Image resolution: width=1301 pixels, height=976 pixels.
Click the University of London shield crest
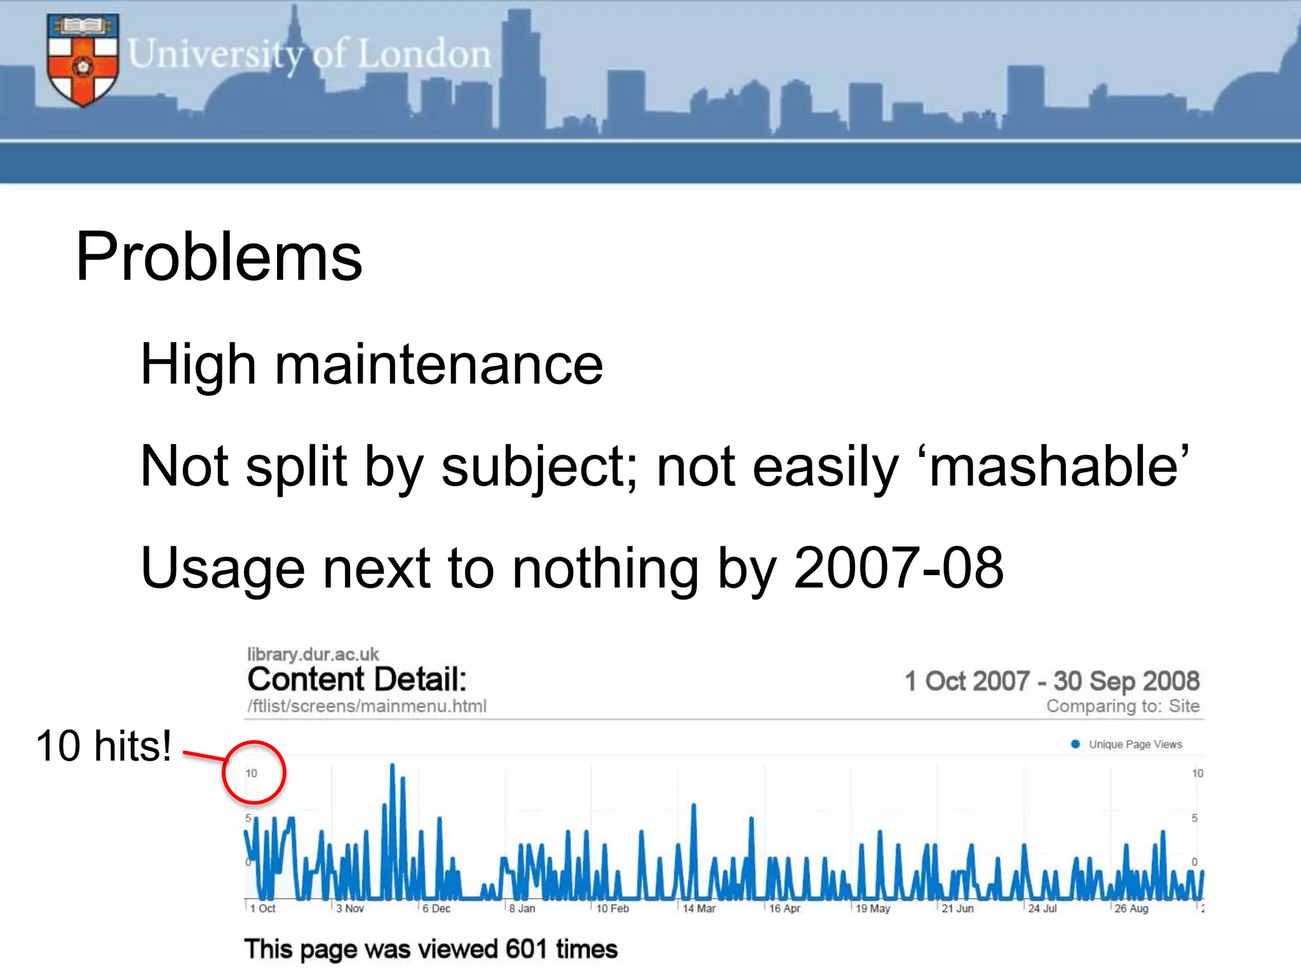83,60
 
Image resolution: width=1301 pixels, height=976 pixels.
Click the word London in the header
424,53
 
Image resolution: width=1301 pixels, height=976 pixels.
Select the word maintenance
438,364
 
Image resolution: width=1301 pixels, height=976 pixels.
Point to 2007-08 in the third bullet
898,567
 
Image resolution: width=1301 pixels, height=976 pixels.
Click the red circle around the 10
253,773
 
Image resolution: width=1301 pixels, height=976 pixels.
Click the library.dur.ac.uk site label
313,654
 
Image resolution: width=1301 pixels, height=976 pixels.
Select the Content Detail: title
357,679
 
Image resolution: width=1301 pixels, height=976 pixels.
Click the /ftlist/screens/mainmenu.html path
367,706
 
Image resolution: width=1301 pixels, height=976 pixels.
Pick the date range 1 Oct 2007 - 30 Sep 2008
1051,681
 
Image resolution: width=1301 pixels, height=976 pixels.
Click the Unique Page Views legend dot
1075,744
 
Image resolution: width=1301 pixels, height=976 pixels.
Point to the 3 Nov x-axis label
350,909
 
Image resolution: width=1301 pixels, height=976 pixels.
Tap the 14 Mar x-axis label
699,909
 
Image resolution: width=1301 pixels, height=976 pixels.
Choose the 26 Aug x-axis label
1131,909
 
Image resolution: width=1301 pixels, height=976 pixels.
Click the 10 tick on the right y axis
1197,773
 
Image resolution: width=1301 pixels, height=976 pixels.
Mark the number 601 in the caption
526,949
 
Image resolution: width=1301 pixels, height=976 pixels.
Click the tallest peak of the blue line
392,767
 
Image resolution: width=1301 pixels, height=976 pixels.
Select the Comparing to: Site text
1122,706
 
